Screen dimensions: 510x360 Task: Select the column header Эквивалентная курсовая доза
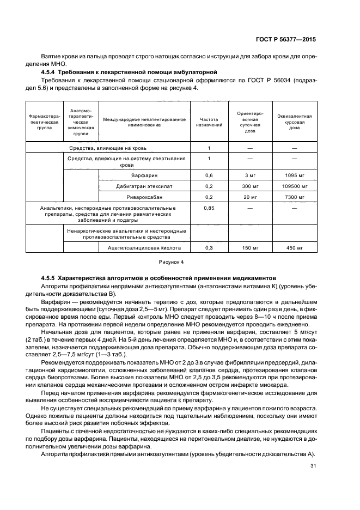point(294,122)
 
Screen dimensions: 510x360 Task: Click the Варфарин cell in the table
point(144,175)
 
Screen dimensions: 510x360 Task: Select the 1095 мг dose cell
point(294,175)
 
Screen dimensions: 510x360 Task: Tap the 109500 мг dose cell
point(294,186)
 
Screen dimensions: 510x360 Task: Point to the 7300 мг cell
point(294,197)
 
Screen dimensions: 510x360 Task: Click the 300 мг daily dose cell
point(250,186)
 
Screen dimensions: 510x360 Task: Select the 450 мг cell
point(294,248)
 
